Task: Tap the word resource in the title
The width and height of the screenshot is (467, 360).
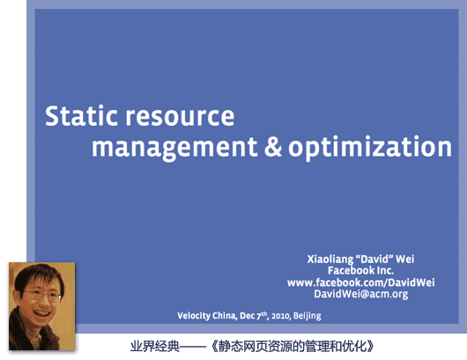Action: point(180,116)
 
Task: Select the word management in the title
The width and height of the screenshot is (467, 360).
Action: point(174,148)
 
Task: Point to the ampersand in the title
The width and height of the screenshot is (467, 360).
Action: point(273,146)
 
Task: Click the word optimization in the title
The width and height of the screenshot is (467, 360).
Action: point(370,147)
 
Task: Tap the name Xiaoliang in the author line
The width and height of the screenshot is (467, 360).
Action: point(330,259)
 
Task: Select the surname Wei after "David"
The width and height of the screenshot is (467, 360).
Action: point(404,259)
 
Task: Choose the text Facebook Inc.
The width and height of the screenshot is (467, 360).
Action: point(360,270)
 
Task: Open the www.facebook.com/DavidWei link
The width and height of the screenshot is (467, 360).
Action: point(360,283)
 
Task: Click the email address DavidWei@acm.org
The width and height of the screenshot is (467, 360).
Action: point(360,294)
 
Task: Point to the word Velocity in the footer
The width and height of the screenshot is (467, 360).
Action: point(194,316)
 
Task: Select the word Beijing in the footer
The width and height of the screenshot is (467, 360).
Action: point(307,316)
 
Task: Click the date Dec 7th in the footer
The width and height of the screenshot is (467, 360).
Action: point(253,315)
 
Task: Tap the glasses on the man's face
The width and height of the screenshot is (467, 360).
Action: point(41,295)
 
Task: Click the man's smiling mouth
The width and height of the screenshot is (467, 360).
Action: point(41,313)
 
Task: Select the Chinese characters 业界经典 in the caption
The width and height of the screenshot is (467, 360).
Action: point(155,346)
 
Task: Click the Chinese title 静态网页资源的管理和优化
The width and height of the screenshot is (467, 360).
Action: point(293,346)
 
